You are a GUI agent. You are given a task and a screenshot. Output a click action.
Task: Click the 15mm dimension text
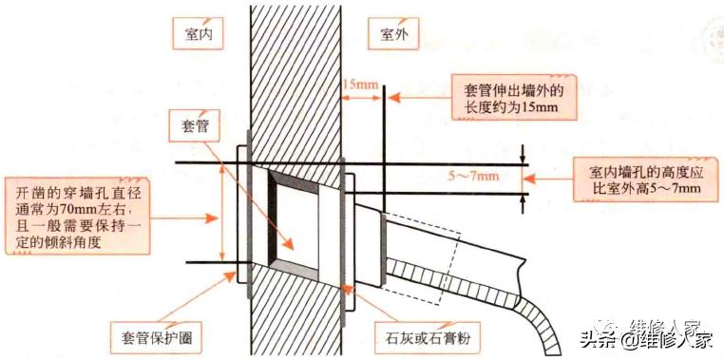click(x=362, y=86)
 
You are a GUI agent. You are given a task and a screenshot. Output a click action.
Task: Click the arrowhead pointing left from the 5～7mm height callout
click(x=538, y=177)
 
